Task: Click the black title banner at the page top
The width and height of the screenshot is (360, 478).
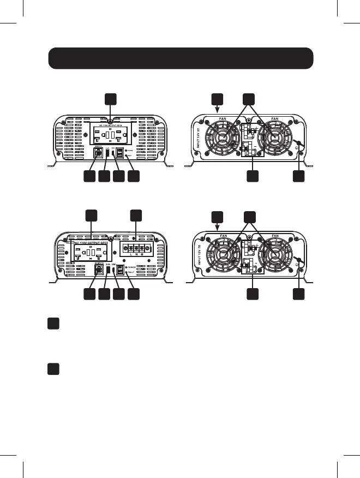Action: (x=181, y=58)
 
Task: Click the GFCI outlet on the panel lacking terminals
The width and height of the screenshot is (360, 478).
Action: (x=111, y=134)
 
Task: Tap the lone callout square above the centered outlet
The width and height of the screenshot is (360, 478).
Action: (x=111, y=98)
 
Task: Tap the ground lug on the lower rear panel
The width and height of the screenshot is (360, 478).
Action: (x=298, y=260)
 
